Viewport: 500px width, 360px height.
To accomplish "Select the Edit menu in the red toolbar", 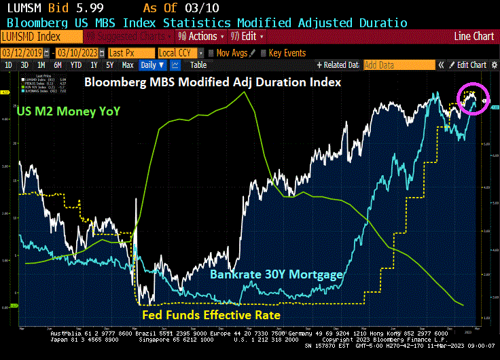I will point(249,37).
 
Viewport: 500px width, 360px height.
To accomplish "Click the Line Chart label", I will point(474,37).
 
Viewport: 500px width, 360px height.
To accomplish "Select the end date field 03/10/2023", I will point(75,53).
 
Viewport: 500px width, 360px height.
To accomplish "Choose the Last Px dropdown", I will point(130,53).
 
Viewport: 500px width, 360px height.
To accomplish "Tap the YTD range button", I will point(76,65).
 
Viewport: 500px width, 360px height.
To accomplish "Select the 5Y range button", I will point(109,65).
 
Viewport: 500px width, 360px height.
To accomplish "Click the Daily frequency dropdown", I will point(152,65).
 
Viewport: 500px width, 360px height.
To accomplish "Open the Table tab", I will point(198,65).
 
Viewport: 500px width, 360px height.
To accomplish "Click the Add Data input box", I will point(398,65).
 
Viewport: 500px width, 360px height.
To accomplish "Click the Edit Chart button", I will point(471,65).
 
